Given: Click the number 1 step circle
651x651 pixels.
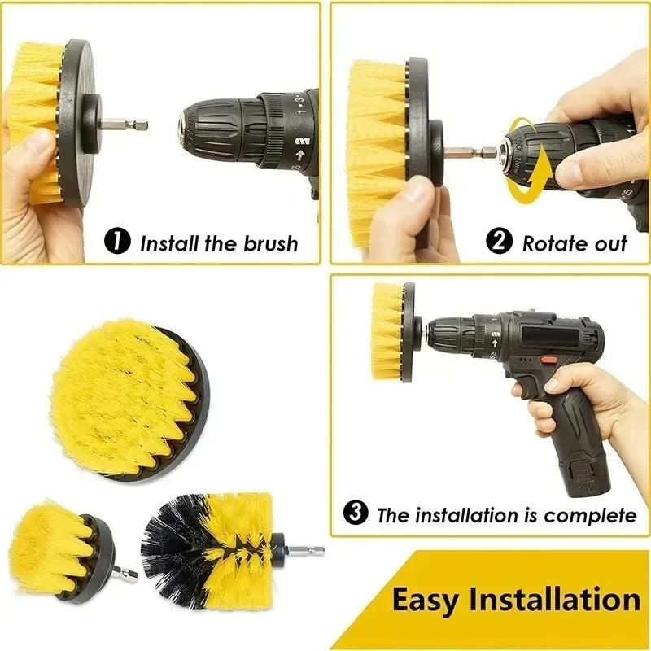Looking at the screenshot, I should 119,242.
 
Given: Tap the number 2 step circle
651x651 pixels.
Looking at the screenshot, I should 499,242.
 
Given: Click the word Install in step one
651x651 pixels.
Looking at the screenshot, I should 169,242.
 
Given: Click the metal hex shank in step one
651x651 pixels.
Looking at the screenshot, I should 130,125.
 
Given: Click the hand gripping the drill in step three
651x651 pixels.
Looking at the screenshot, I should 570,399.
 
